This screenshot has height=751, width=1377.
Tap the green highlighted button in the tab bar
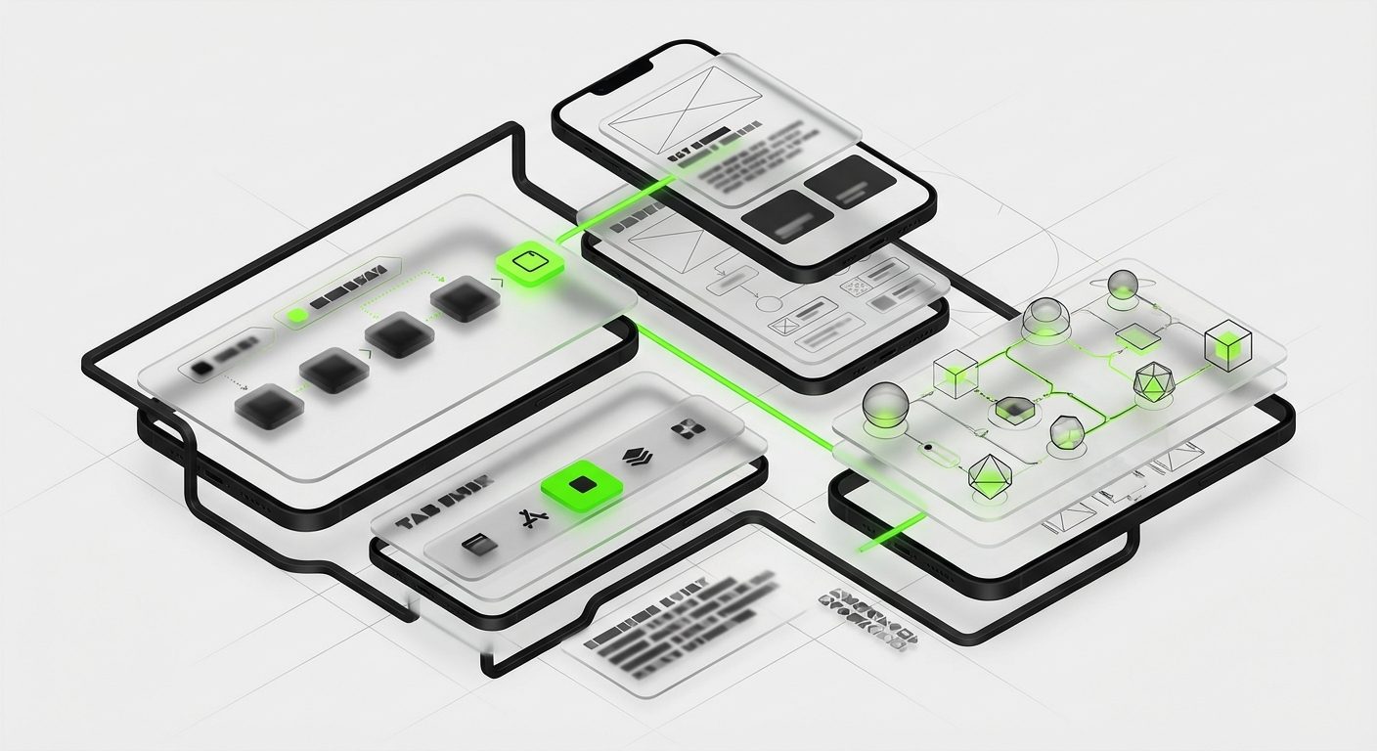(581, 484)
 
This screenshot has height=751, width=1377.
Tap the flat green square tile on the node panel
(1138, 337)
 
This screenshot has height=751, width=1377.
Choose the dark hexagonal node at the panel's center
(1013, 409)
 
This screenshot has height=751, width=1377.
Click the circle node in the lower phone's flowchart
(769, 301)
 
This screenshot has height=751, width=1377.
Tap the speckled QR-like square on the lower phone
(855, 287)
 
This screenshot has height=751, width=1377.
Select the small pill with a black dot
(936, 451)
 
